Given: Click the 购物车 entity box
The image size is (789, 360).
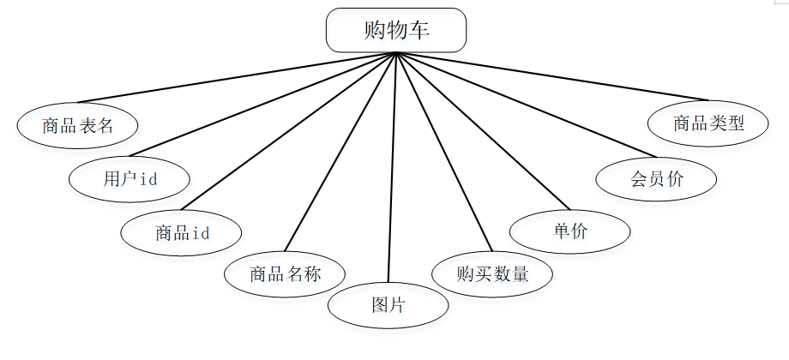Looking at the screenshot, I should click(396, 31).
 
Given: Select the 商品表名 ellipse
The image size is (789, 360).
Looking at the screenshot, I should click(77, 126).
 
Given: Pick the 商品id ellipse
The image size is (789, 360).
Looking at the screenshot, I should click(182, 232).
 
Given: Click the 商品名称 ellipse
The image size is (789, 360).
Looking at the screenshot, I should click(285, 274).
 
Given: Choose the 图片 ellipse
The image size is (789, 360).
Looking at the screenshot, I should click(388, 305).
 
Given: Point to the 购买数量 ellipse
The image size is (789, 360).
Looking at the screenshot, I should click(492, 274).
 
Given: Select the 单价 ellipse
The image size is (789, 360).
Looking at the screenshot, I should click(569, 231).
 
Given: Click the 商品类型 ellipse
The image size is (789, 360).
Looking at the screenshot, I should click(708, 123).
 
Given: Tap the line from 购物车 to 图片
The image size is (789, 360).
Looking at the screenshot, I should click(393, 167).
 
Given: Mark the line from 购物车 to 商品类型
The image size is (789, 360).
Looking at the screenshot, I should click(553, 76).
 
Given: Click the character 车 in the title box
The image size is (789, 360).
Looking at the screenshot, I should click(419, 31).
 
